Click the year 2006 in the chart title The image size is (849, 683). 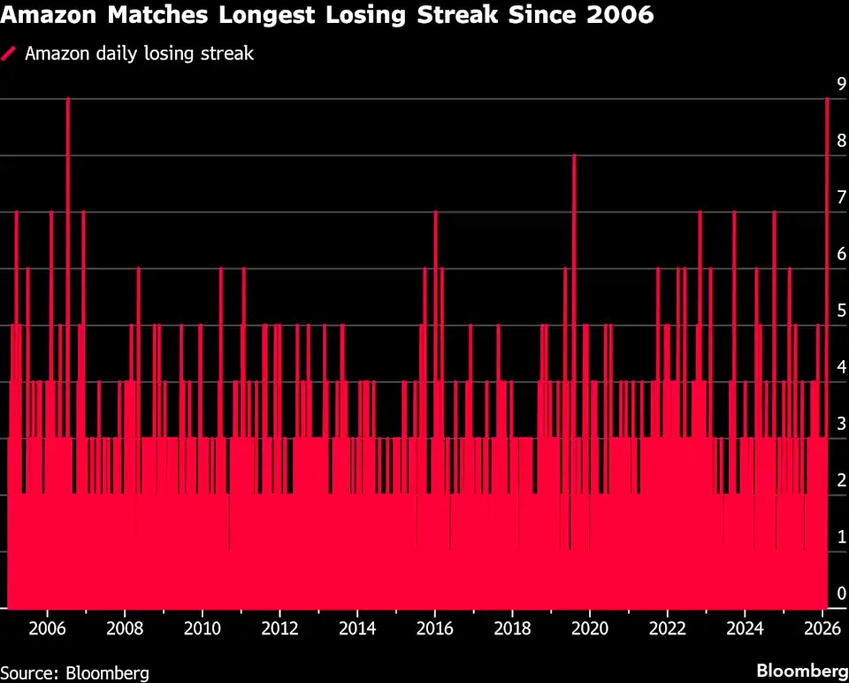(619, 15)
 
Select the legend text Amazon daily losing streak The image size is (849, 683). (139, 53)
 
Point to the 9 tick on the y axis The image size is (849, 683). (842, 84)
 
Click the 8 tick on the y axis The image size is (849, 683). (842, 141)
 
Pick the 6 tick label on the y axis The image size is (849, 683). (842, 254)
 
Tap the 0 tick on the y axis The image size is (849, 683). (842, 594)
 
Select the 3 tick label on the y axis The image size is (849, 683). (842, 424)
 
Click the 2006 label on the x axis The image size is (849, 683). (47, 629)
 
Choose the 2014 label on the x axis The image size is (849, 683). (356, 629)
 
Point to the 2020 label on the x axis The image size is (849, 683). (590, 629)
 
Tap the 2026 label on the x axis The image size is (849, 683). (822, 629)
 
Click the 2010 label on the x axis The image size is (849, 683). (202, 629)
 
